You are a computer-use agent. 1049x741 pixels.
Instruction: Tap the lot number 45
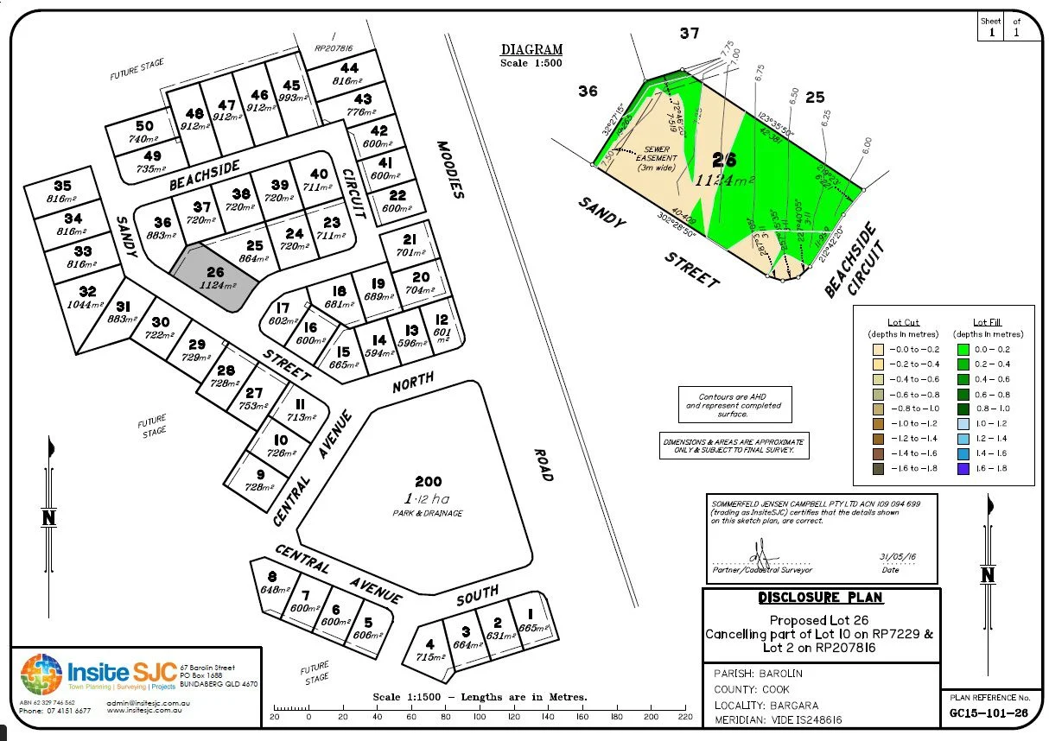[291, 85]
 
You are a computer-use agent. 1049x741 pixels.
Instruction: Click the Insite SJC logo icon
[41, 676]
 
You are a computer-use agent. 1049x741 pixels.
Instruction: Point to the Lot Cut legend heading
[903, 322]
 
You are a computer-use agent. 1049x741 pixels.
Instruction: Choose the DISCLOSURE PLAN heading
[820, 598]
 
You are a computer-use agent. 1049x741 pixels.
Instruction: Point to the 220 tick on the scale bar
[685, 717]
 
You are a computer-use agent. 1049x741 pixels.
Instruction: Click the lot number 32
[86, 291]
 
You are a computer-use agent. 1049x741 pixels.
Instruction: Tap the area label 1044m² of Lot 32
[85, 306]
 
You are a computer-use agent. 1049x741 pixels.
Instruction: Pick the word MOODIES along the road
[451, 170]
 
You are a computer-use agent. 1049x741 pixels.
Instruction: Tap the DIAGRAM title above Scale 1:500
[531, 50]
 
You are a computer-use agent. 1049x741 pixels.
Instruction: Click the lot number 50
[144, 126]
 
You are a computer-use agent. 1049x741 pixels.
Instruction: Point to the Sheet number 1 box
[990, 33]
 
